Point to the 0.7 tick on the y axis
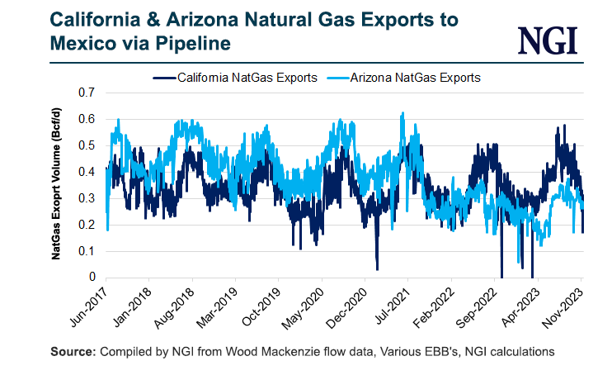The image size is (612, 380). [x=87, y=93]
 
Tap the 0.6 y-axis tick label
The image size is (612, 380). [x=87, y=119]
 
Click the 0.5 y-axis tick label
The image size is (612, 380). [x=87, y=145]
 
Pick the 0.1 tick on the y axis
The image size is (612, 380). [x=87, y=251]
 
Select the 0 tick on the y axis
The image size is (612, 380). [x=92, y=278]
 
